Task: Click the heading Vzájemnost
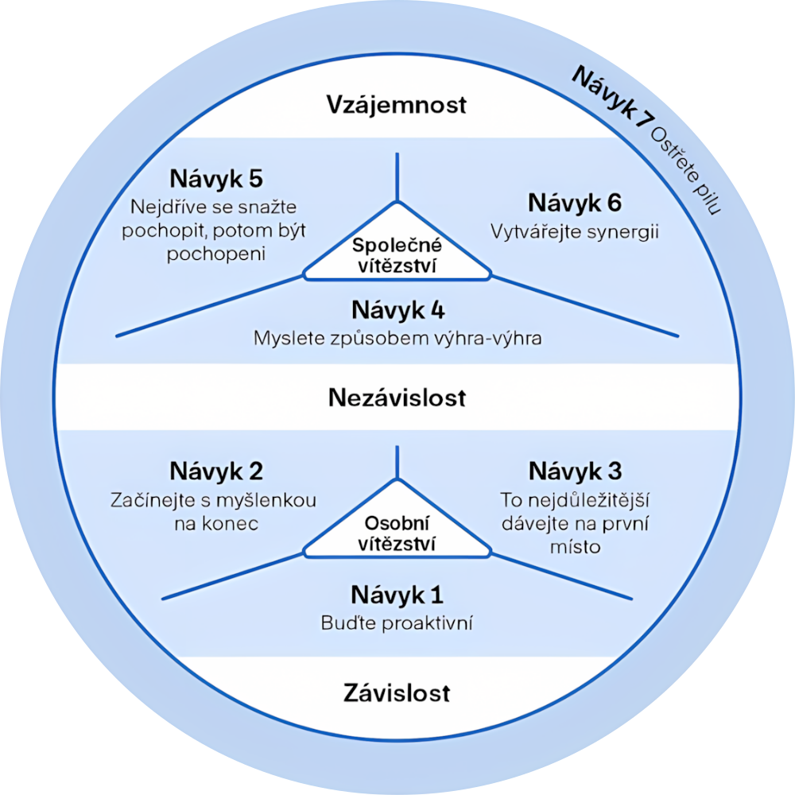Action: (397, 104)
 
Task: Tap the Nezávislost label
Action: (397, 397)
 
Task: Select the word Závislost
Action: (397, 692)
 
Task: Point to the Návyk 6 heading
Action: (575, 204)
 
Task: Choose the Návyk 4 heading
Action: (397, 308)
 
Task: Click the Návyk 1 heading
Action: (397, 595)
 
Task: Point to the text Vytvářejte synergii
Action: (575, 232)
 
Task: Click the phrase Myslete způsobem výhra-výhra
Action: (397, 337)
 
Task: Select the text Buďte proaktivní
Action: (397, 622)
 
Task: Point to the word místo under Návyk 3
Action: (575, 548)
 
